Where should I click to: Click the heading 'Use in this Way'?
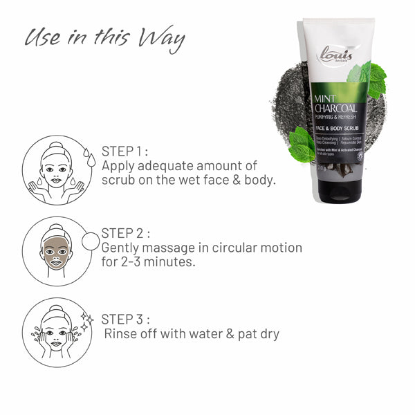[104, 39]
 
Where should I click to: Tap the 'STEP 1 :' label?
[125, 151]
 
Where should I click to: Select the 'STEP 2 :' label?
[125, 233]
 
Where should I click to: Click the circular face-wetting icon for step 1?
[57, 170]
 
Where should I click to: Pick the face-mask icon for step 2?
[56, 251]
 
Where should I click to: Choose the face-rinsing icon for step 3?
[57, 333]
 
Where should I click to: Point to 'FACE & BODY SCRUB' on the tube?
[338, 129]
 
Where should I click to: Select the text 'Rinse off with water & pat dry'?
[191, 334]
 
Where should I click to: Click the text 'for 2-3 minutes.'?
[149, 262]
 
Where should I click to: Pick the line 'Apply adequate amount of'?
[179, 166]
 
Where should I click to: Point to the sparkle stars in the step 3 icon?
[86, 320]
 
